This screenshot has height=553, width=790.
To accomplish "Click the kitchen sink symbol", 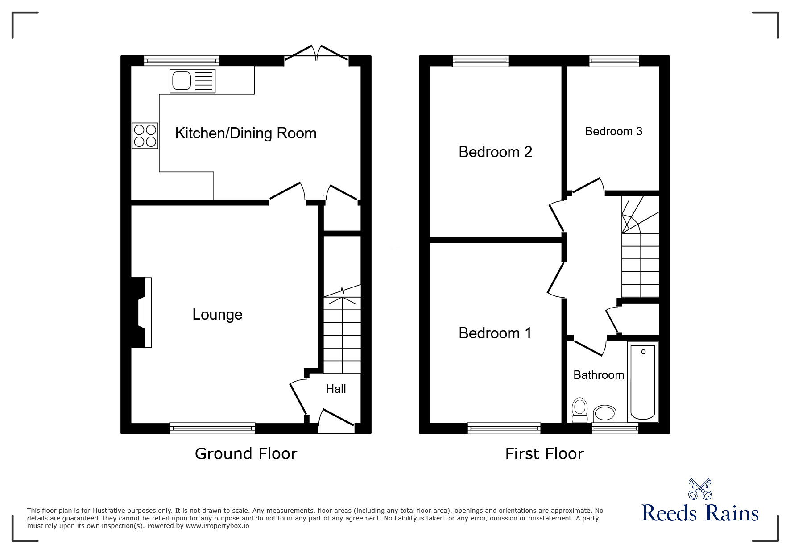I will tap(192, 81).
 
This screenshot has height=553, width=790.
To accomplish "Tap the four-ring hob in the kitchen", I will tap(145, 136).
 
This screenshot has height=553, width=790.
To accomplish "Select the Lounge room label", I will tap(217, 315).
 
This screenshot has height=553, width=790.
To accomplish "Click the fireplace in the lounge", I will tap(142, 312).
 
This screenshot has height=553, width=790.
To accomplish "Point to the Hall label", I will tap(335, 389).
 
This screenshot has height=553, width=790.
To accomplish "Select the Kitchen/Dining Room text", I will tap(245, 133).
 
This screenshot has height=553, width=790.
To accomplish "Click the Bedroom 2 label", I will tap(495, 152).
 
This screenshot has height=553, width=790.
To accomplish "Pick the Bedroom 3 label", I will tap(613, 131).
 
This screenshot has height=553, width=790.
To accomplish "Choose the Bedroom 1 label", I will tap(495, 333).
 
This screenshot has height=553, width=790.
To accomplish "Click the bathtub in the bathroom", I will tap(643, 382).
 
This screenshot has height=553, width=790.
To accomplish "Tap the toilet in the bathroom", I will tap(579, 410).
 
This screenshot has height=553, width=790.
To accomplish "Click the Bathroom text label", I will tap(598, 375).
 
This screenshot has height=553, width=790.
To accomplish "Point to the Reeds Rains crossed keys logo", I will tap(699, 489).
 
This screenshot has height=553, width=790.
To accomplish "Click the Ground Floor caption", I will tap(246, 454).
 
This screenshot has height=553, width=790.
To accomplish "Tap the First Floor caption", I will tap(544, 454).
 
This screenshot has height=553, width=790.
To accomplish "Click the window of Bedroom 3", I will tap(614, 61).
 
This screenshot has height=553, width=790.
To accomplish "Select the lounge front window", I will tap(212, 428).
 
